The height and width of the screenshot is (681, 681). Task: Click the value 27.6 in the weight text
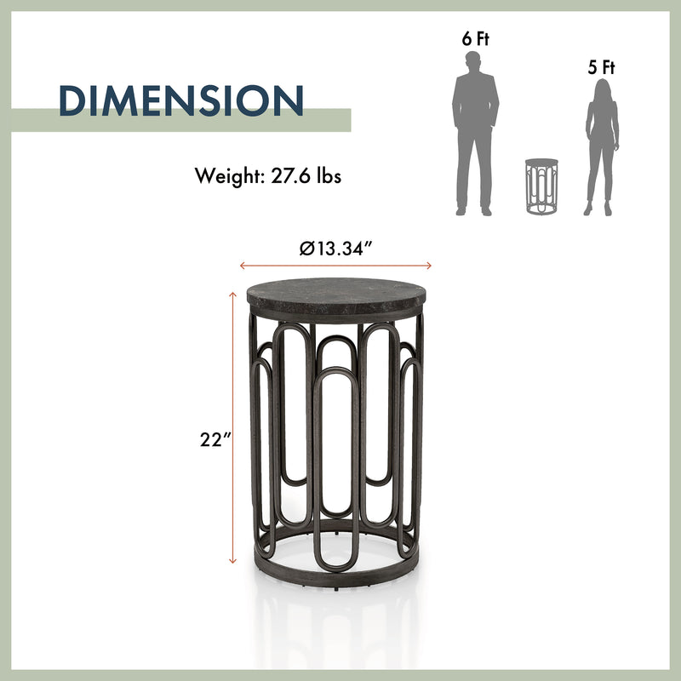285,176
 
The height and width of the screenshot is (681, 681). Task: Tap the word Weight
226,177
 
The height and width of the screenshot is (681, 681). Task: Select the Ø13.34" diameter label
337,249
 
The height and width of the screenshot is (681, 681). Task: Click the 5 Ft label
601,67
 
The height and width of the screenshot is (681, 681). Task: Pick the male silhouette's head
474,62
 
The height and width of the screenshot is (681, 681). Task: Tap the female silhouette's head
603,89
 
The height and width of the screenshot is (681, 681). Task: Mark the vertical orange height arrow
232,426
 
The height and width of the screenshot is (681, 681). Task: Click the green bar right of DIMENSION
329,120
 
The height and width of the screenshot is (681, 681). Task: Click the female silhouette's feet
599,210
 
